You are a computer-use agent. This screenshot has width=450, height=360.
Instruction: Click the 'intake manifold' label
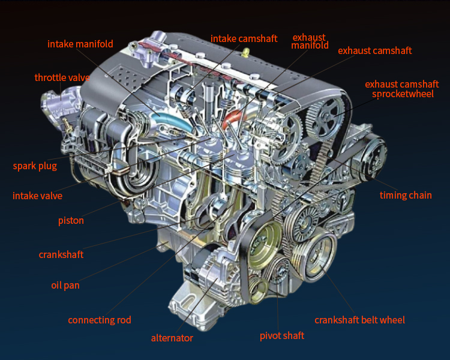point(80,44)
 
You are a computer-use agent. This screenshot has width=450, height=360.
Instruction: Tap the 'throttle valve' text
point(62,77)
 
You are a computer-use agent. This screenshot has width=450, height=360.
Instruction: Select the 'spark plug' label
point(35,166)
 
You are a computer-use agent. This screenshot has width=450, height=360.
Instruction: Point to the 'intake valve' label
point(37,196)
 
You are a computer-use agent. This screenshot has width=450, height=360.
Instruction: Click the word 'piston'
point(71,221)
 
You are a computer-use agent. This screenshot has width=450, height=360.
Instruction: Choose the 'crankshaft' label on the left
point(61,254)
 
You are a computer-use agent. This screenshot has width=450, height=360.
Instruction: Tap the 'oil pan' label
point(65,286)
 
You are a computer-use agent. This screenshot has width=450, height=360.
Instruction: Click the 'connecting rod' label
point(99,320)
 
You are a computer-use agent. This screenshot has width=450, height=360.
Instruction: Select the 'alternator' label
point(172,338)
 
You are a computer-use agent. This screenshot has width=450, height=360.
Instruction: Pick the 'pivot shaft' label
point(282,335)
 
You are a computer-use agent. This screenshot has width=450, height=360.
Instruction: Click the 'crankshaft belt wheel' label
point(359,320)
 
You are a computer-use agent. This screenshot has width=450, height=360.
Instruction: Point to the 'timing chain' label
point(406,195)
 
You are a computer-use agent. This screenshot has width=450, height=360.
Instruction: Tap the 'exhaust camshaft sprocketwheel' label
point(402,89)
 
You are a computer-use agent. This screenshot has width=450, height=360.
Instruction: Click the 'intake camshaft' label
point(244,38)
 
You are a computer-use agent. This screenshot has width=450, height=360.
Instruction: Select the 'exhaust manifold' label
point(310,41)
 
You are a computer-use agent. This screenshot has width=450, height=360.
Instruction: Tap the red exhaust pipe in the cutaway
point(232,117)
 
